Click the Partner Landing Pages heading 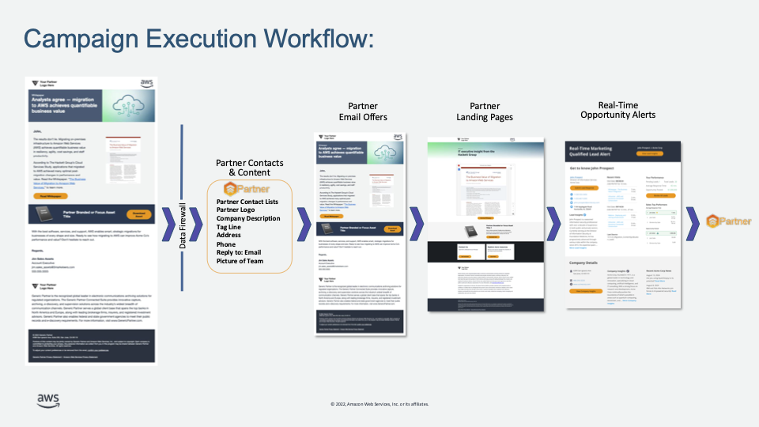pyautogui.click(x=485, y=111)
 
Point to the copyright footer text pyautogui.click(x=379, y=403)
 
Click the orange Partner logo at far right pyautogui.click(x=724, y=221)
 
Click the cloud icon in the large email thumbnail pyautogui.click(x=130, y=105)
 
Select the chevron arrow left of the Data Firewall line pyautogui.click(x=169, y=221)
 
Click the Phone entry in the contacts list pyautogui.click(x=227, y=245)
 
